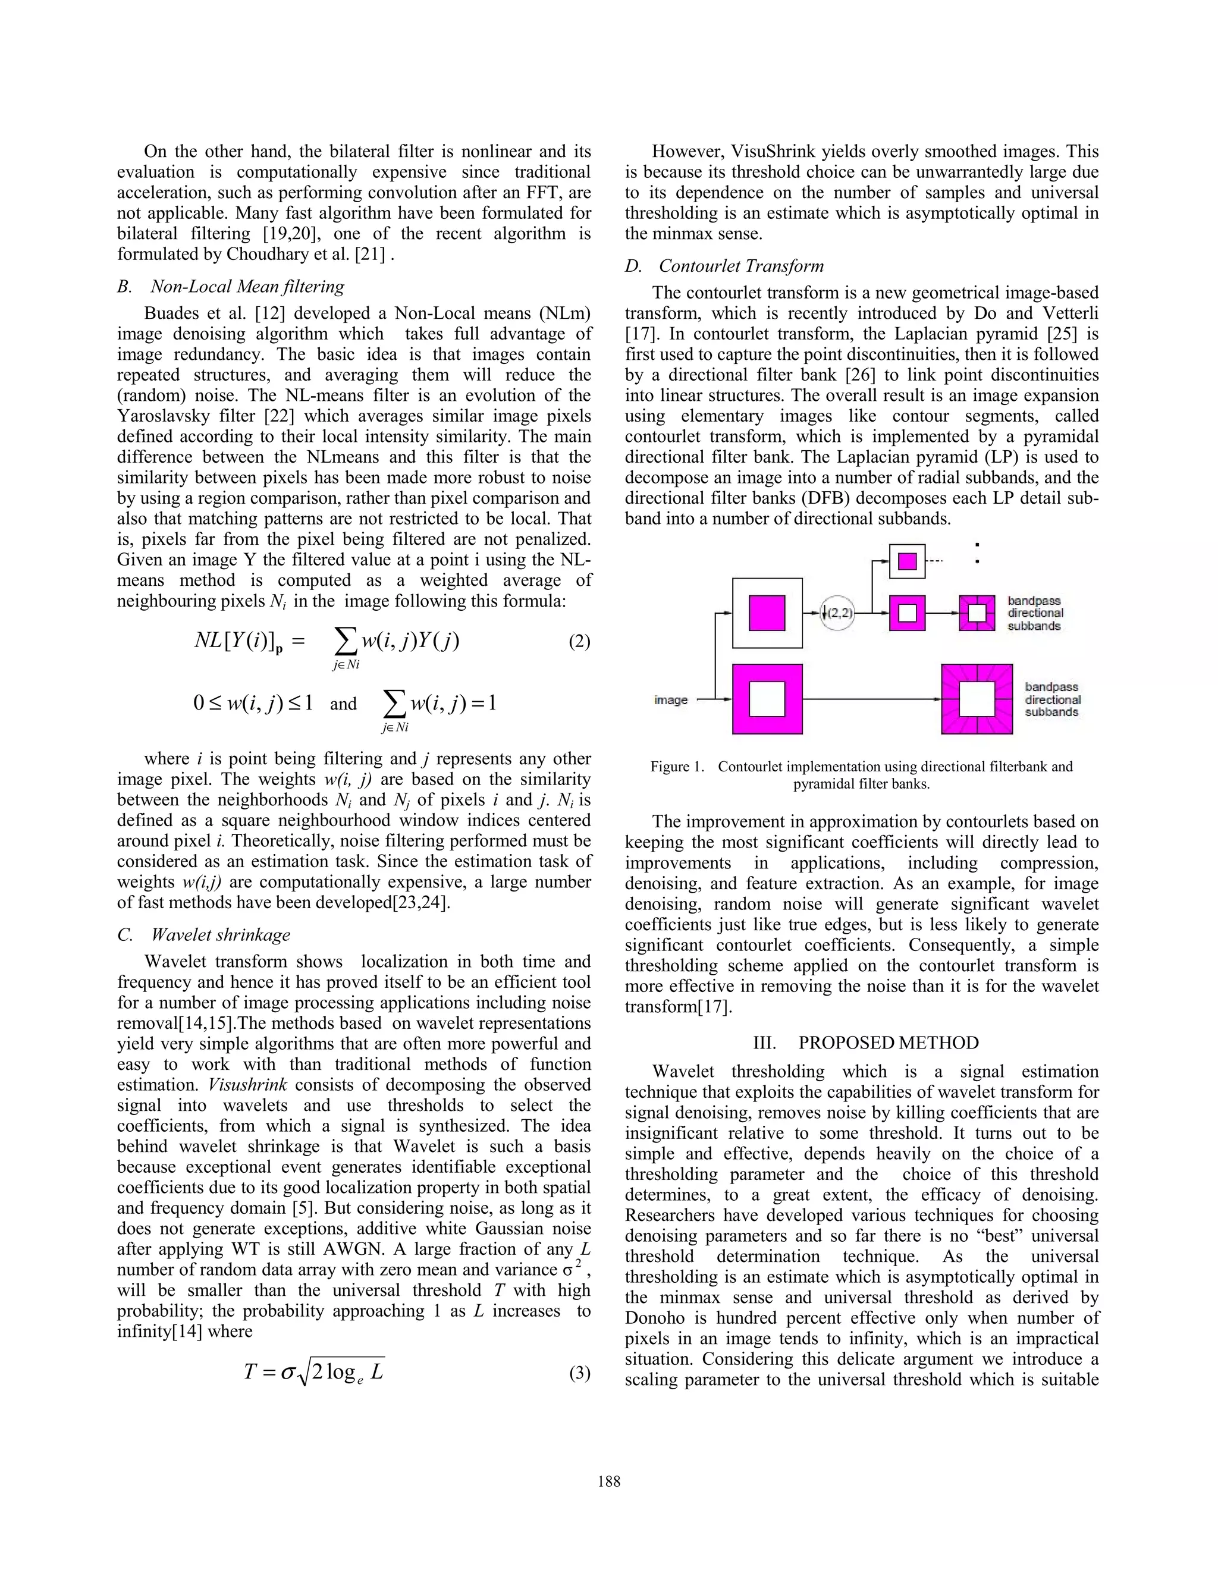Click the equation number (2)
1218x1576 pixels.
pyautogui.click(x=579, y=642)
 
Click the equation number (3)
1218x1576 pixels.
pyautogui.click(x=579, y=1373)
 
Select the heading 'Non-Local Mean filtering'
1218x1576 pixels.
pyautogui.click(x=247, y=287)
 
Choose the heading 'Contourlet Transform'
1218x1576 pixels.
pyautogui.click(x=741, y=266)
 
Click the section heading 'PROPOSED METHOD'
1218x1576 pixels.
pyautogui.click(x=889, y=1043)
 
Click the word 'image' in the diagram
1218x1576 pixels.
pyautogui.click(x=670, y=700)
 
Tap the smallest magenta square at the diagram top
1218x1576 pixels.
pyautogui.click(x=907, y=561)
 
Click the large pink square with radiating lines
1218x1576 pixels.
pyautogui.click(x=977, y=699)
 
